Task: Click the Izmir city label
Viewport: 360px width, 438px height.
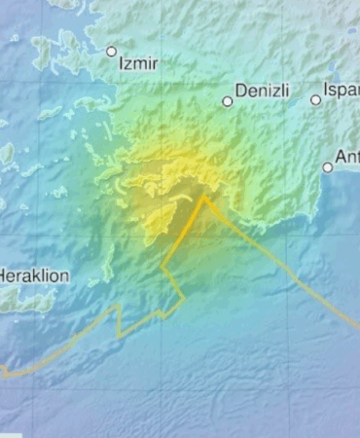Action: (137, 63)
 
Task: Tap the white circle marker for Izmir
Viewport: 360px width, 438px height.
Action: (111, 52)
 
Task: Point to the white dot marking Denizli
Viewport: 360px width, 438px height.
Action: (228, 100)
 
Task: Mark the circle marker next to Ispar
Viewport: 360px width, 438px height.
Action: (316, 99)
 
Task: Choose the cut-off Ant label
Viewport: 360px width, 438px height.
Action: (347, 156)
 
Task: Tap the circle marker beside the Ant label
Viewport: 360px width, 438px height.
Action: (328, 167)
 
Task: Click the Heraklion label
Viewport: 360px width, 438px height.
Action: (34, 275)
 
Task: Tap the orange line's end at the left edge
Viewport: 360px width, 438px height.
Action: (2, 371)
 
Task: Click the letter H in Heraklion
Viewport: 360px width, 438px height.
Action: (3, 275)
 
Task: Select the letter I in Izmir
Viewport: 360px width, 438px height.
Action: (120, 63)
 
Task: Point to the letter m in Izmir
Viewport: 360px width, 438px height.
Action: (136, 64)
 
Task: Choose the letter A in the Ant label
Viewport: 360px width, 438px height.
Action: (341, 156)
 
